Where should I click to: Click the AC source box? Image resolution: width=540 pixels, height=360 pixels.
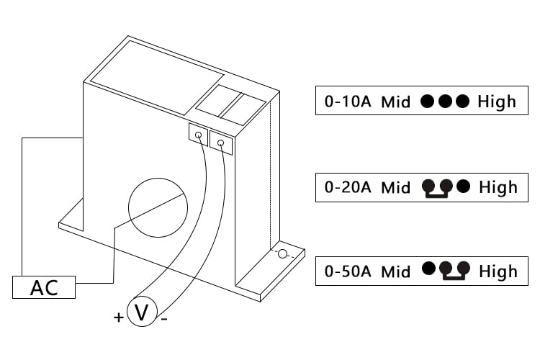44,287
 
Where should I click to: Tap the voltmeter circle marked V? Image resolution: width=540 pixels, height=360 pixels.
142,311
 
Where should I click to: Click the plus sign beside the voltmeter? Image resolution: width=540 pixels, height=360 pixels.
119,317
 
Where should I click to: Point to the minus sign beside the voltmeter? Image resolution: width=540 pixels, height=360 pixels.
164,320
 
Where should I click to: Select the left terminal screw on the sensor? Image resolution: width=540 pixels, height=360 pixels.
199,135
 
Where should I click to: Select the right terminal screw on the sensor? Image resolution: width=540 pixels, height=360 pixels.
221,143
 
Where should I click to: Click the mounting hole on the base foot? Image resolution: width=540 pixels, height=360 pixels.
282,254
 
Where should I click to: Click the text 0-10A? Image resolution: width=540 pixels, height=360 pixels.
348,102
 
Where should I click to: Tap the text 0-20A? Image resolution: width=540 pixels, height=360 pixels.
348,187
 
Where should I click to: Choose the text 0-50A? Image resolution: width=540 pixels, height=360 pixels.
348,271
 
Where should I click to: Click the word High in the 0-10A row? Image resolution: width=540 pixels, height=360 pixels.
497,102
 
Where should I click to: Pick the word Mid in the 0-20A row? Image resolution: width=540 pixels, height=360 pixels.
396,188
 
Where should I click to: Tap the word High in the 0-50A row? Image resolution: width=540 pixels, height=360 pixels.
498,271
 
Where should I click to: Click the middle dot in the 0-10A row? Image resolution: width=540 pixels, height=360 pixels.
445,101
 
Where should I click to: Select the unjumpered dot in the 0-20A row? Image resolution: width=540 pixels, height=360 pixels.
463,186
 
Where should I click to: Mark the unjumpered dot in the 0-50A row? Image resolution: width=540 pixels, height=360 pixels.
429,269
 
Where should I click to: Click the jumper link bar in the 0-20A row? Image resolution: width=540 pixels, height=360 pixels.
437,196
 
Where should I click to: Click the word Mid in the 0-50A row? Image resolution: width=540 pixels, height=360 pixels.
396,272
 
